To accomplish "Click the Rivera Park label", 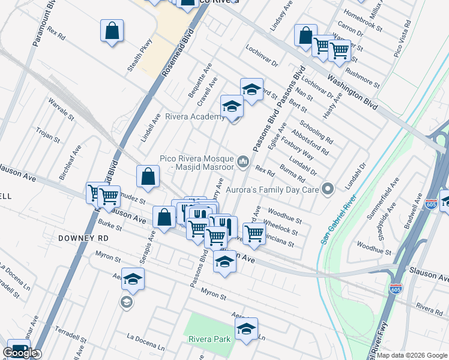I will [x=209, y=339].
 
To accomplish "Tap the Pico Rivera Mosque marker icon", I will [x=243, y=161].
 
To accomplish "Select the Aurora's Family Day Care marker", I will [x=327, y=189].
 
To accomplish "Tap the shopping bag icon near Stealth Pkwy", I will [x=112, y=32].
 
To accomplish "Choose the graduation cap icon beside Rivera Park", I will [x=246, y=329].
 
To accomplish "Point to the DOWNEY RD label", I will [x=83, y=238].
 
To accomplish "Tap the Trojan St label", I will [x=48, y=135].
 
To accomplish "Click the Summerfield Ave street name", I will [x=388, y=195].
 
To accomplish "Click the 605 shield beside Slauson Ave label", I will [x=395, y=289].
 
